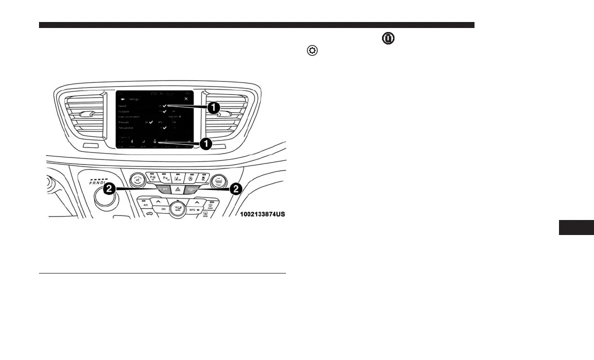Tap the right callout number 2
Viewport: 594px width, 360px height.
coord(235,188)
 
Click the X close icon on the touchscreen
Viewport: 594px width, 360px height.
coord(186,99)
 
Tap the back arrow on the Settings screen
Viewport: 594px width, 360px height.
coord(122,99)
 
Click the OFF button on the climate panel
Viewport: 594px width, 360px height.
coord(163,209)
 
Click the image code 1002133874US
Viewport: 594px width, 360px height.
coord(262,214)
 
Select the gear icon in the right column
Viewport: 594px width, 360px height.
coord(312,51)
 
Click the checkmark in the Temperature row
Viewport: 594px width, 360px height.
coord(163,128)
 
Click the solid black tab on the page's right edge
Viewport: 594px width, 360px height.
coord(575,227)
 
